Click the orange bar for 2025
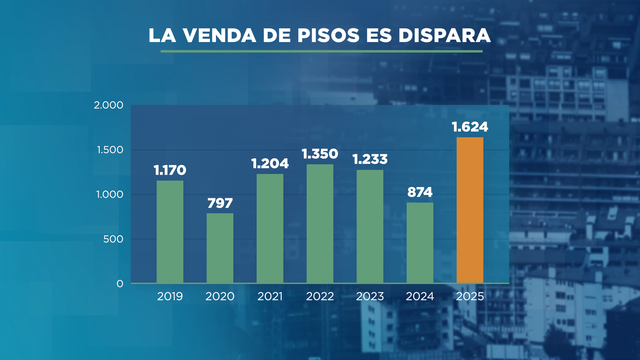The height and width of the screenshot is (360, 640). click(x=470, y=210)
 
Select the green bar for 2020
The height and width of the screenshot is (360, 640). click(x=220, y=248)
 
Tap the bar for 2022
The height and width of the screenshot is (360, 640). click(x=320, y=223)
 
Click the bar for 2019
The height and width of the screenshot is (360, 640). click(x=170, y=232)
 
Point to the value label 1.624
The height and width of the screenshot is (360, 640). click(x=470, y=127)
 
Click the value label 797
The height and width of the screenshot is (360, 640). click(x=220, y=203)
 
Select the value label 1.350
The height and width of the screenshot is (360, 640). click(x=320, y=154)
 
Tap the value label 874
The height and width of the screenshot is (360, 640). click(x=420, y=192)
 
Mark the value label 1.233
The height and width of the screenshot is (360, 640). click(x=370, y=159)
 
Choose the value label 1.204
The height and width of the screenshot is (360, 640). click(x=270, y=164)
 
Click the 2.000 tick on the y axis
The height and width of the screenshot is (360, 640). click(x=108, y=105)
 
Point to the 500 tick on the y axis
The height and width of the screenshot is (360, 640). click(x=113, y=239)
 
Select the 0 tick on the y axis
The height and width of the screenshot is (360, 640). click(x=120, y=284)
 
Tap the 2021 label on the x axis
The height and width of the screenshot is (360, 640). click(x=270, y=296)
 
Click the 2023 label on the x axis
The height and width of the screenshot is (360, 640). click(x=370, y=296)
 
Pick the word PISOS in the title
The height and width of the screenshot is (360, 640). click(x=328, y=35)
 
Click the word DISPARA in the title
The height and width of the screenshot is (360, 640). click(x=444, y=35)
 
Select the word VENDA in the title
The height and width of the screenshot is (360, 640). click(x=219, y=35)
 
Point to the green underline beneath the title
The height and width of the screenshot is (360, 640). click(x=321, y=51)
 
